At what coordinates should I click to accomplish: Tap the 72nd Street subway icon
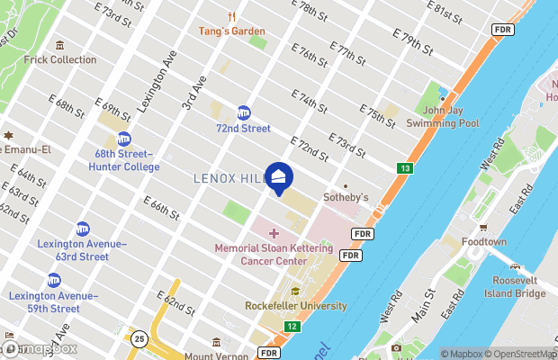(x=243, y=113)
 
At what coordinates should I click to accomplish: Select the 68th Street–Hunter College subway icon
(x=123, y=139)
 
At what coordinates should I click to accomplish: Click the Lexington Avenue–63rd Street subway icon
(x=83, y=229)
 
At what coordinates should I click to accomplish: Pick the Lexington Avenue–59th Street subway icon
(x=54, y=280)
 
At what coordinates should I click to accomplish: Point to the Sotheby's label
(x=346, y=196)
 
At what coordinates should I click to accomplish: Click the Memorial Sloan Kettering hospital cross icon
(x=274, y=234)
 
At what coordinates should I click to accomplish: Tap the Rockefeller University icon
(x=296, y=292)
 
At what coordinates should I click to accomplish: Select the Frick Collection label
(x=60, y=59)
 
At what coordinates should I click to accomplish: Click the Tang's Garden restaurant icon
(x=232, y=16)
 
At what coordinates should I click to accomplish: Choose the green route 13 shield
(x=404, y=168)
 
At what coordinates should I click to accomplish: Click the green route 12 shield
(x=291, y=326)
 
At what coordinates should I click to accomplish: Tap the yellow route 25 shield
(x=139, y=338)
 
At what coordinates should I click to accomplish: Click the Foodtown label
(x=483, y=242)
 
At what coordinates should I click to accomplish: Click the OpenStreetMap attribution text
(x=518, y=354)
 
